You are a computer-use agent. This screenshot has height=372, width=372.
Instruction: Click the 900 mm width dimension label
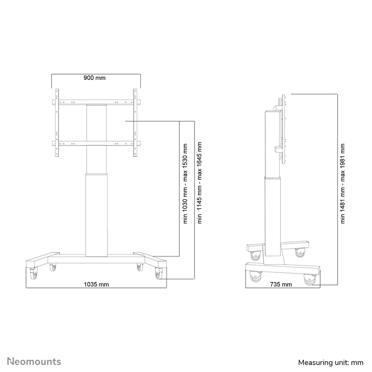coord(94,78)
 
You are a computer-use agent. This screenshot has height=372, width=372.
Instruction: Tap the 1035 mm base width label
coord(96,285)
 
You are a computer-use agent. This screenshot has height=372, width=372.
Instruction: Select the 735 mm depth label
coord(281,285)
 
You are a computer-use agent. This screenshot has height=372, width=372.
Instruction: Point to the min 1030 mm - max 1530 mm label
coord(186,183)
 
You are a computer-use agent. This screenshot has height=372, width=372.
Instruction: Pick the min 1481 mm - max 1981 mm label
coord(343,183)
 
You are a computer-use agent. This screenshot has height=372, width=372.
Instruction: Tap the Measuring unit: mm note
coord(331,362)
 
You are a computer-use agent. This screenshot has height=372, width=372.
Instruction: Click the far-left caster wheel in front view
coord(33,275)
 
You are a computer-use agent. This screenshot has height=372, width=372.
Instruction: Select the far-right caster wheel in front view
coord(159,275)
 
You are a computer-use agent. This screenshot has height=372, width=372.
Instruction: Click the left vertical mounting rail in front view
coord(57,122)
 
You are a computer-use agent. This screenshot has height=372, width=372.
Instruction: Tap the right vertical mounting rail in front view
coord(135,122)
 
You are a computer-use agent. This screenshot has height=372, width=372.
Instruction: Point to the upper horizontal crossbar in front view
coord(96,102)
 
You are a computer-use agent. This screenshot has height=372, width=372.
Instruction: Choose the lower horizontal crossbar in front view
coord(96,144)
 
